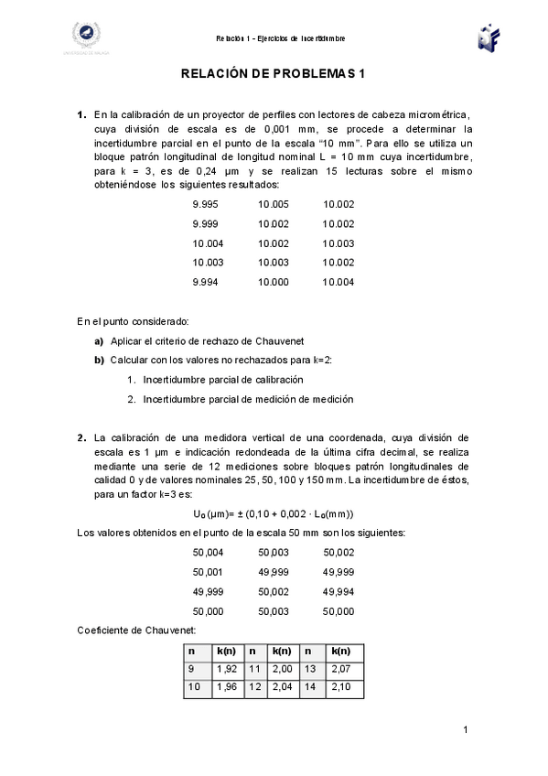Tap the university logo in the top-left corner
pyautogui.click(x=86, y=37)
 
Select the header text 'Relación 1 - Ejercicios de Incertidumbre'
pyautogui.click(x=280, y=38)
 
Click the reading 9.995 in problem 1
pyautogui.click(x=205, y=204)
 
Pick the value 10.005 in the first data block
pyautogui.click(x=273, y=204)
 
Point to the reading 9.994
pyautogui.click(x=205, y=282)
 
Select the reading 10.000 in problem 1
pyautogui.click(x=273, y=282)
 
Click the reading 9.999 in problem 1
pyautogui.click(x=205, y=223)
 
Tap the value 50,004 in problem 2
pyautogui.click(x=208, y=552)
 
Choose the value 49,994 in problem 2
pyautogui.click(x=338, y=591)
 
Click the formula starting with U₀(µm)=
pyautogui.click(x=274, y=513)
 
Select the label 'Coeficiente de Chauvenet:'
pyautogui.click(x=129, y=630)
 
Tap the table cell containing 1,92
pyautogui.click(x=226, y=669)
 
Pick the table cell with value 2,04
pyautogui.click(x=284, y=686)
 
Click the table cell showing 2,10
pyautogui.click(x=340, y=686)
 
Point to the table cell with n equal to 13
pyautogui.click(x=309, y=669)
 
